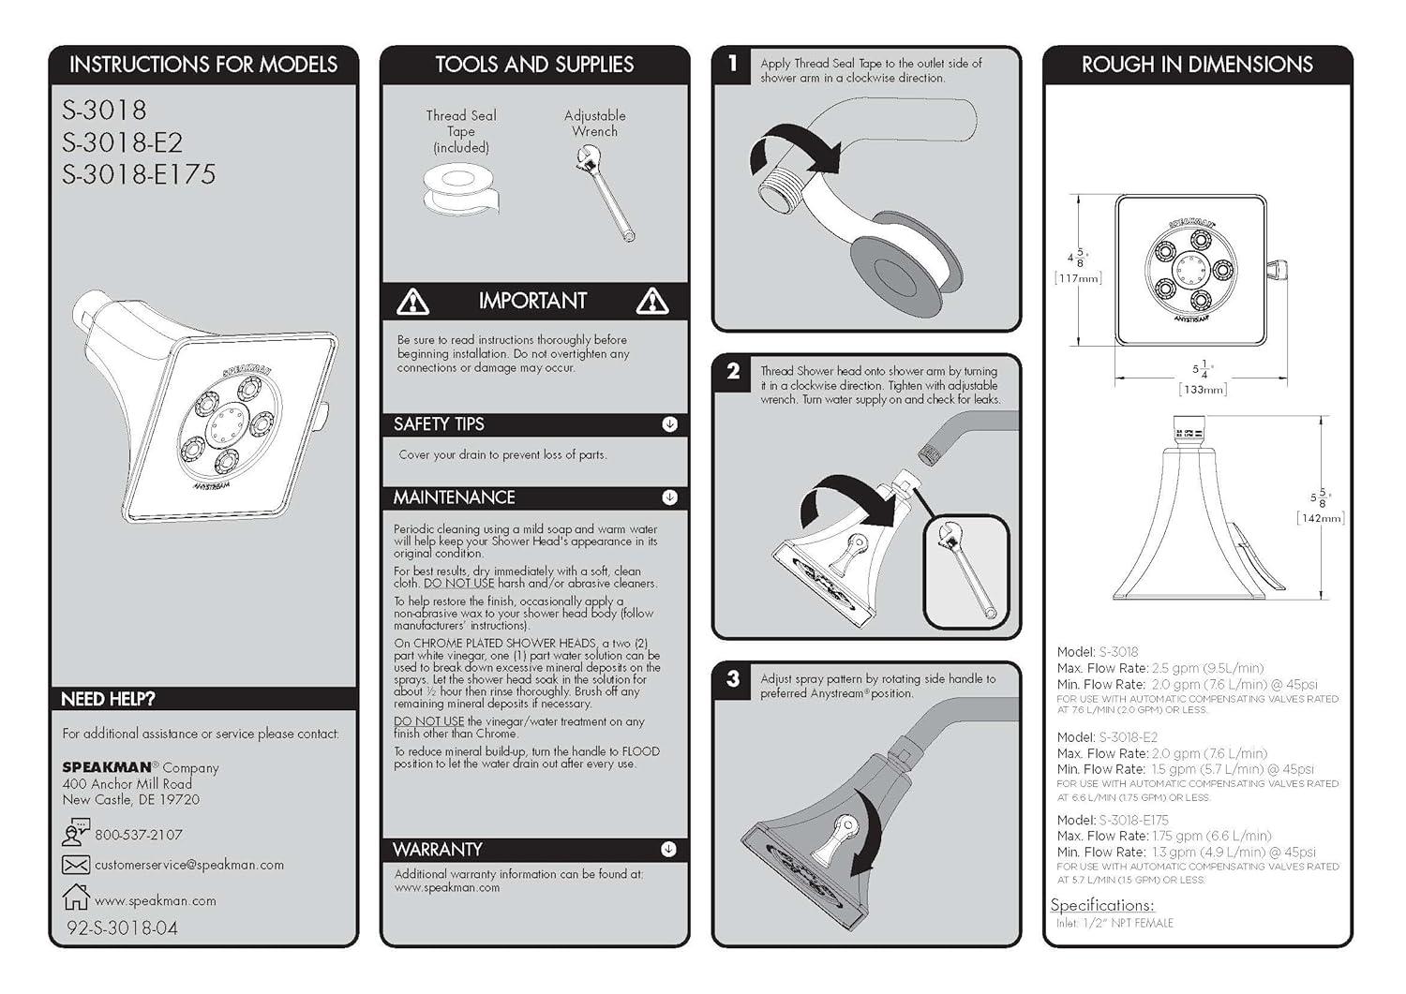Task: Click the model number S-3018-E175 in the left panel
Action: [x=139, y=175]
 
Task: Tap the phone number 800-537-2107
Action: [x=139, y=835]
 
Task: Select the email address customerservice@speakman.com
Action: [x=188, y=865]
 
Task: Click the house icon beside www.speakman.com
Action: [x=75, y=897]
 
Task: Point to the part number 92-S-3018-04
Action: [x=122, y=927]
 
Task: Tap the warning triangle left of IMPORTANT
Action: [x=412, y=302]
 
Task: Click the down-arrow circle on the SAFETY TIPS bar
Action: [x=669, y=424]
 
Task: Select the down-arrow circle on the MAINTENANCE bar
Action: [x=669, y=497]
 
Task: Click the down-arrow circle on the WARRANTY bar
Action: [x=668, y=850]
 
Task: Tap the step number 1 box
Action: [x=733, y=64]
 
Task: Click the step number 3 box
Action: [x=733, y=679]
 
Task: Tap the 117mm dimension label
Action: [x=1078, y=278]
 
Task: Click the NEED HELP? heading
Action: [x=108, y=699]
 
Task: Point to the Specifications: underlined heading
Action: [x=1102, y=905]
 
